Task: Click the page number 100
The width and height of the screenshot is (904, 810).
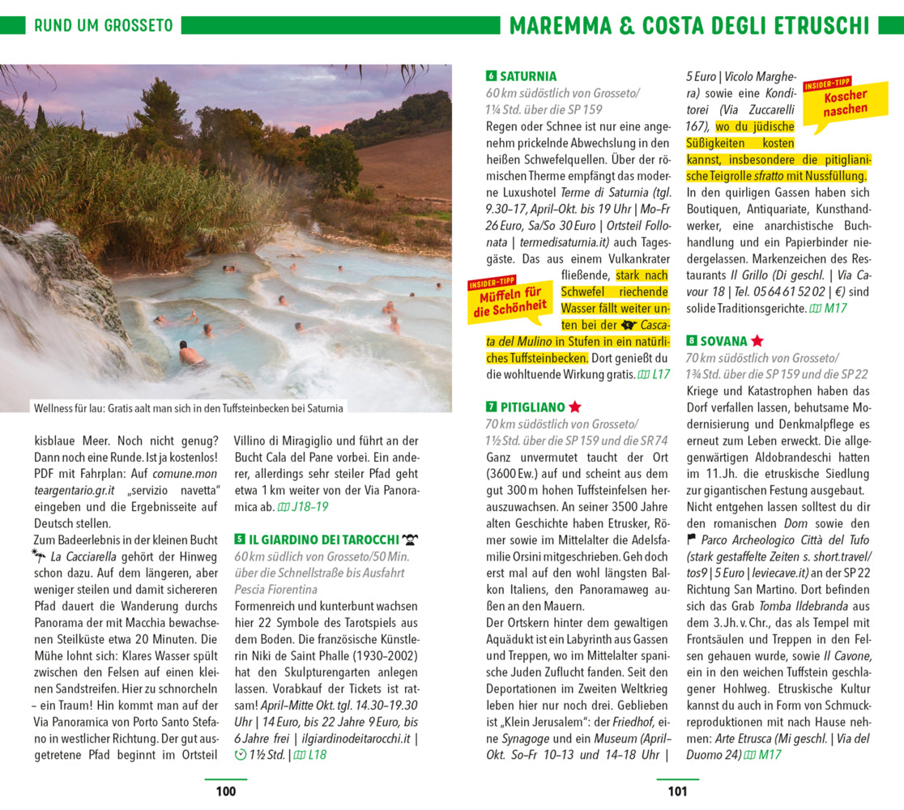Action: [x=226, y=791]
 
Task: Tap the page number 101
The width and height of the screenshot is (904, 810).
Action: [x=677, y=791]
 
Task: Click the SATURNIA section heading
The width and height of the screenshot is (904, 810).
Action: [x=527, y=77]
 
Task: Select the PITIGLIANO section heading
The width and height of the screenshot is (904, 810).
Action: [x=531, y=407]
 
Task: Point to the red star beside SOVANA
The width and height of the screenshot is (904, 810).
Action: [x=757, y=341]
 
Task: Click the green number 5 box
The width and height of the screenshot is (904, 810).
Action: [x=240, y=539]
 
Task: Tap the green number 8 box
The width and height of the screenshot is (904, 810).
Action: [x=692, y=341]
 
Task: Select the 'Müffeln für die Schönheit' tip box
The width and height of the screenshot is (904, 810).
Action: [x=510, y=300]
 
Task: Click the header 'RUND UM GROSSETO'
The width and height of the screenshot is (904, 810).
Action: [x=103, y=25]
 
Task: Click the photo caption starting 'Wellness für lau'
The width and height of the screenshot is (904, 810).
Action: [x=188, y=408]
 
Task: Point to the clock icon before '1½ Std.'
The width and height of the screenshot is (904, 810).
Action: [x=240, y=755]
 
